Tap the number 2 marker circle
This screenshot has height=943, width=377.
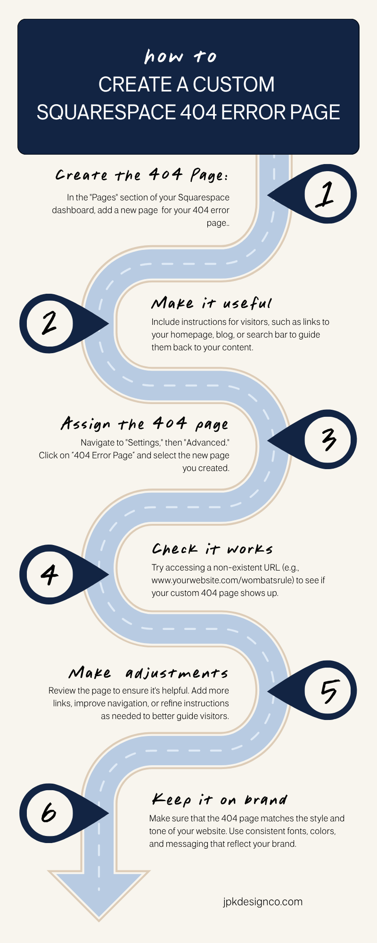(49, 323)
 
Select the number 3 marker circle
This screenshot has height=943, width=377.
(328, 439)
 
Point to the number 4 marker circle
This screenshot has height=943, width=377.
(49, 574)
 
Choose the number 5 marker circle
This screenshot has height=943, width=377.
(328, 691)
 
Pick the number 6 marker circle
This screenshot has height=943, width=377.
(49, 813)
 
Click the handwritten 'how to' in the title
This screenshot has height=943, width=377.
(180, 57)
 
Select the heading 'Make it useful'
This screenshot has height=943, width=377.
(212, 303)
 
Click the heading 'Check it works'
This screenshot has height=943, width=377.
(212, 549)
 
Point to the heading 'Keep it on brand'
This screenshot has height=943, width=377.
(219, 800)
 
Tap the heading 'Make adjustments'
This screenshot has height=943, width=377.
(148, 673)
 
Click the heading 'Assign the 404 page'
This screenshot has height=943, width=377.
(145, 424)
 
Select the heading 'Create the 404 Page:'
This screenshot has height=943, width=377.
(142, 175)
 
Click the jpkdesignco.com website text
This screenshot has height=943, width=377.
(263, 902)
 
